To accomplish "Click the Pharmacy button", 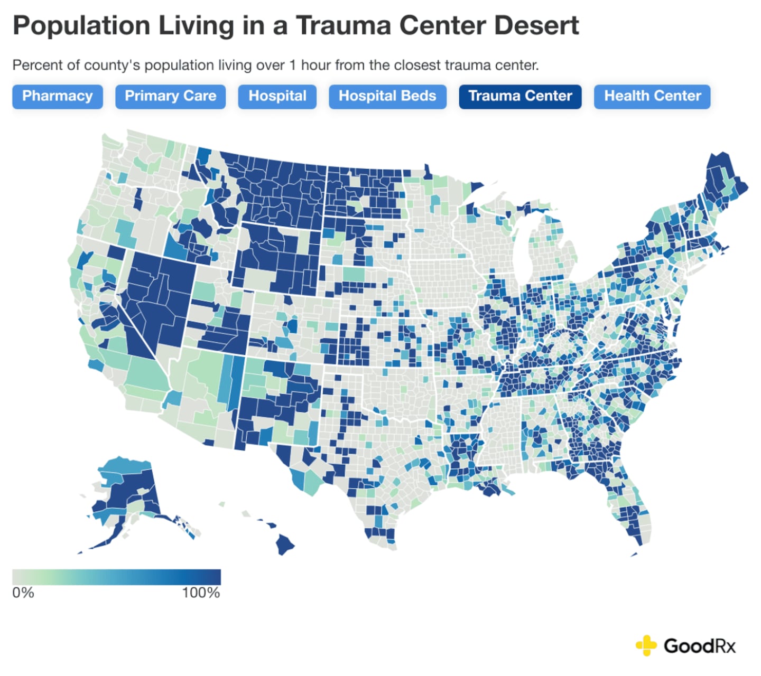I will (x=57, y=96).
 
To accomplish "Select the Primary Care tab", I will (x=170, y=96).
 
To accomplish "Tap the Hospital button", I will (x=277, y=96).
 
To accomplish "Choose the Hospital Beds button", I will (x=387, y=96).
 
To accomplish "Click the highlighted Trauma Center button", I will (x=520, y=96).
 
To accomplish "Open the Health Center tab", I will (x=652, y=96).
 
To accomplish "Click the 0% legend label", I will (x=23, y=593).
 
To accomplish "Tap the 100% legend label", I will (x=201, y=593).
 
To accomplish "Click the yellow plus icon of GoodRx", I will (x=646, y=645).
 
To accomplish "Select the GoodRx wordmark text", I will (x=700, y=646).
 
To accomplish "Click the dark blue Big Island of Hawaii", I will (x=285, y=544).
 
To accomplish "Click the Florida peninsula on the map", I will (x=632, y=507).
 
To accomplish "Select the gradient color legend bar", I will (x=116, y=577).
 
